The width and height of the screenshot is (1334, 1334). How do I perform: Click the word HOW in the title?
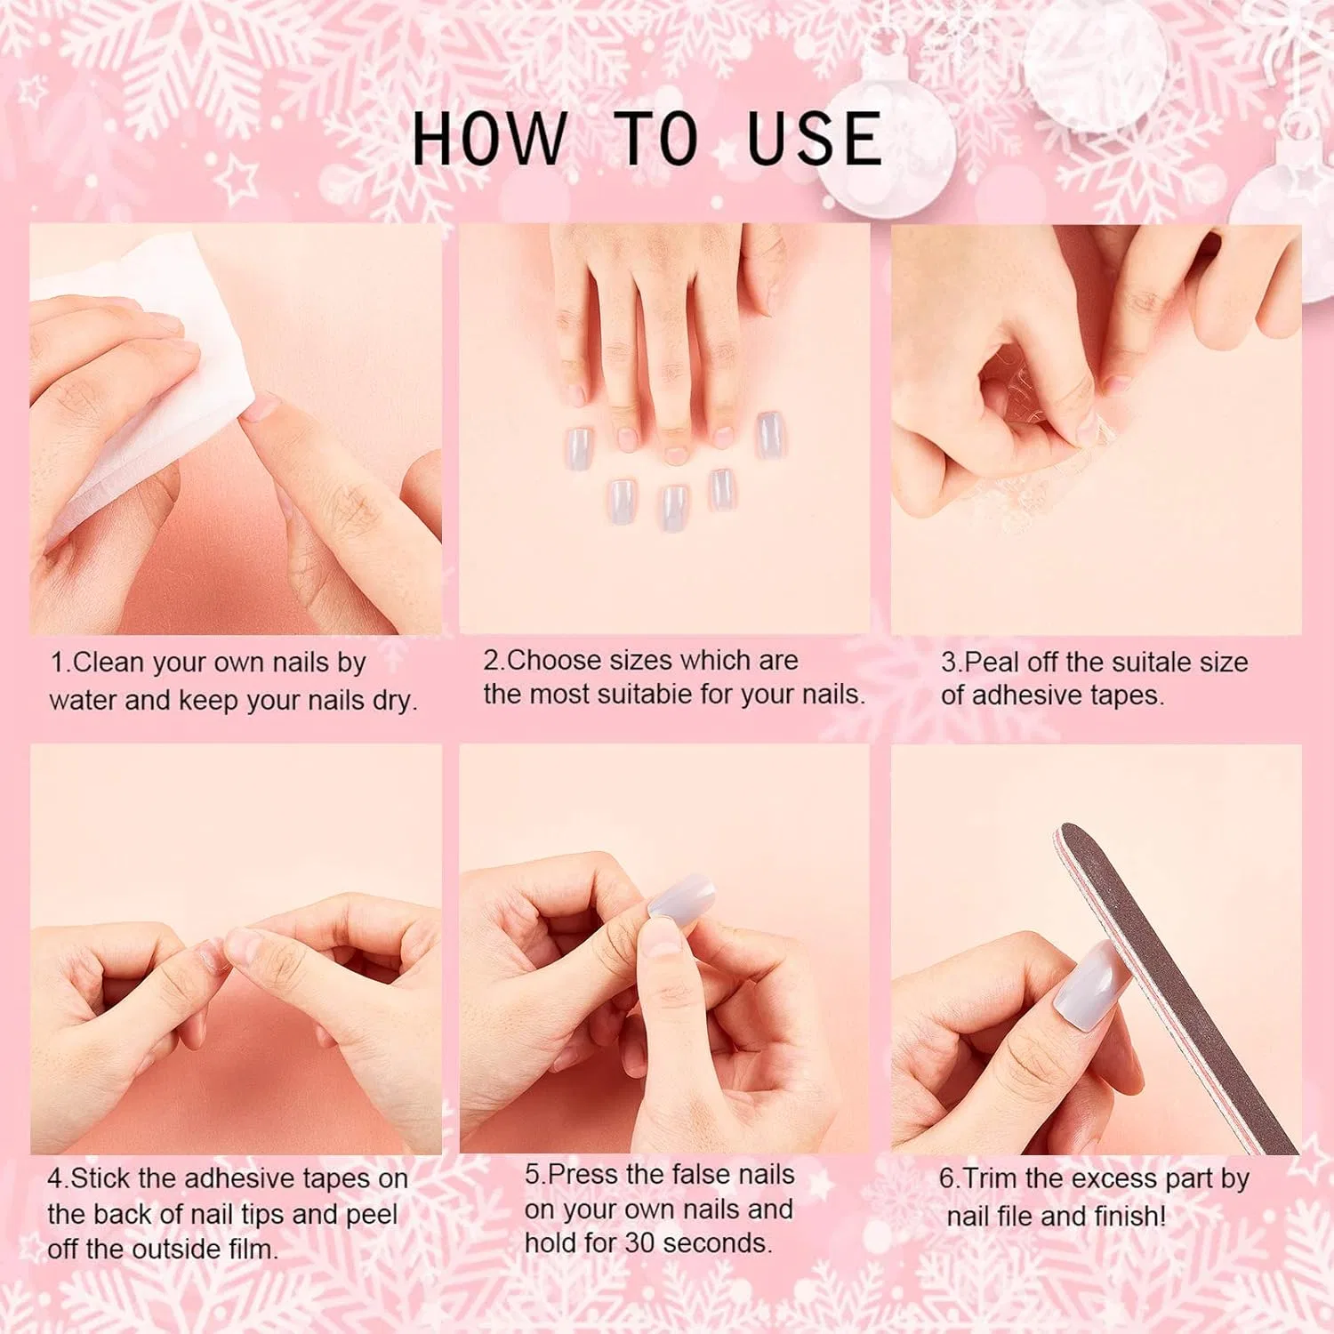(x=488, y=139)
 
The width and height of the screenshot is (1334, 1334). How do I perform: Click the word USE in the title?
(x=815, y=139)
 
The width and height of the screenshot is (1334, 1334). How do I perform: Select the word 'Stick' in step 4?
(x=101, y=1179)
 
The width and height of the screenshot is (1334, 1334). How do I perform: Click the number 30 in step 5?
(x=639, y=1243)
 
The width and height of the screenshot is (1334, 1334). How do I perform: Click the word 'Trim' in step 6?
(x=991, y=1179)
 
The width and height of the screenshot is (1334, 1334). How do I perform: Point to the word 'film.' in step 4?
(x=253, y=1250)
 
